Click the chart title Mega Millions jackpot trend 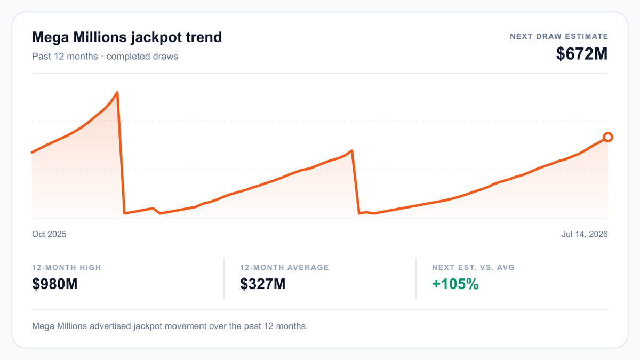[x=127, y=37]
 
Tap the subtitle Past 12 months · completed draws [x=105, y=57]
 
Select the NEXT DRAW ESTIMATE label [x=559, y=37]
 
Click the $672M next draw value [x=582, y=54]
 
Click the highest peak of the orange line [x=117, y=93]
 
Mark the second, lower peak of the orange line [x=352, y=150]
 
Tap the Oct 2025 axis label [x=49, y=234]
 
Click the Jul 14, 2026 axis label [x=585, y=234]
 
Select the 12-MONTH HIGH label [x=67, y=267]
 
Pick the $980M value [x=55, y=284]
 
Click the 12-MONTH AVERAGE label [x=285, y=267]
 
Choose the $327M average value [x=263, y=284]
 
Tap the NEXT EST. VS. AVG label [x=473, y=267]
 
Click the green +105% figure [x=455, y=284]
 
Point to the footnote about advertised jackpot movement [x=170, y=326]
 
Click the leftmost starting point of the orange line [x=32, y=153]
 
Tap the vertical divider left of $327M [x=224, y=278]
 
